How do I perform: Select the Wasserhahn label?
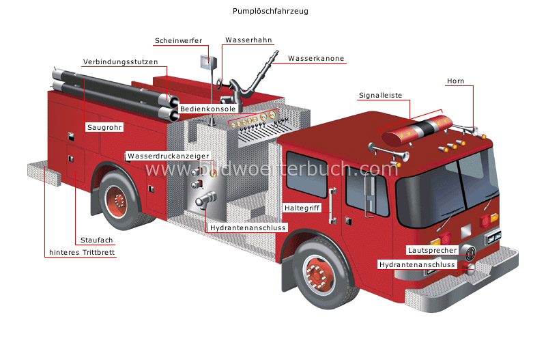pyautogui.click(x=248, y=40)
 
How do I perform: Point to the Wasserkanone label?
pyautogui.click(x=315, y=59)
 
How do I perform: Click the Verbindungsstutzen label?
pyautogui.click(x=120, y=61)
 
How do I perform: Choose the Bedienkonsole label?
pyautogui.click(x=207, y=109)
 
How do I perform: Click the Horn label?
pyautogui.click(x=455, y=81)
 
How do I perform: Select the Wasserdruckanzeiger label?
pyautogui.click(x=168, y=156)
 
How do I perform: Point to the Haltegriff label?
pyautogui.click(x=302, y=207)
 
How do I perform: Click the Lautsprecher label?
pyautogui.click(x=431, y=250)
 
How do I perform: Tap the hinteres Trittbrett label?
pyautogui.click(x=83, y=252)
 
